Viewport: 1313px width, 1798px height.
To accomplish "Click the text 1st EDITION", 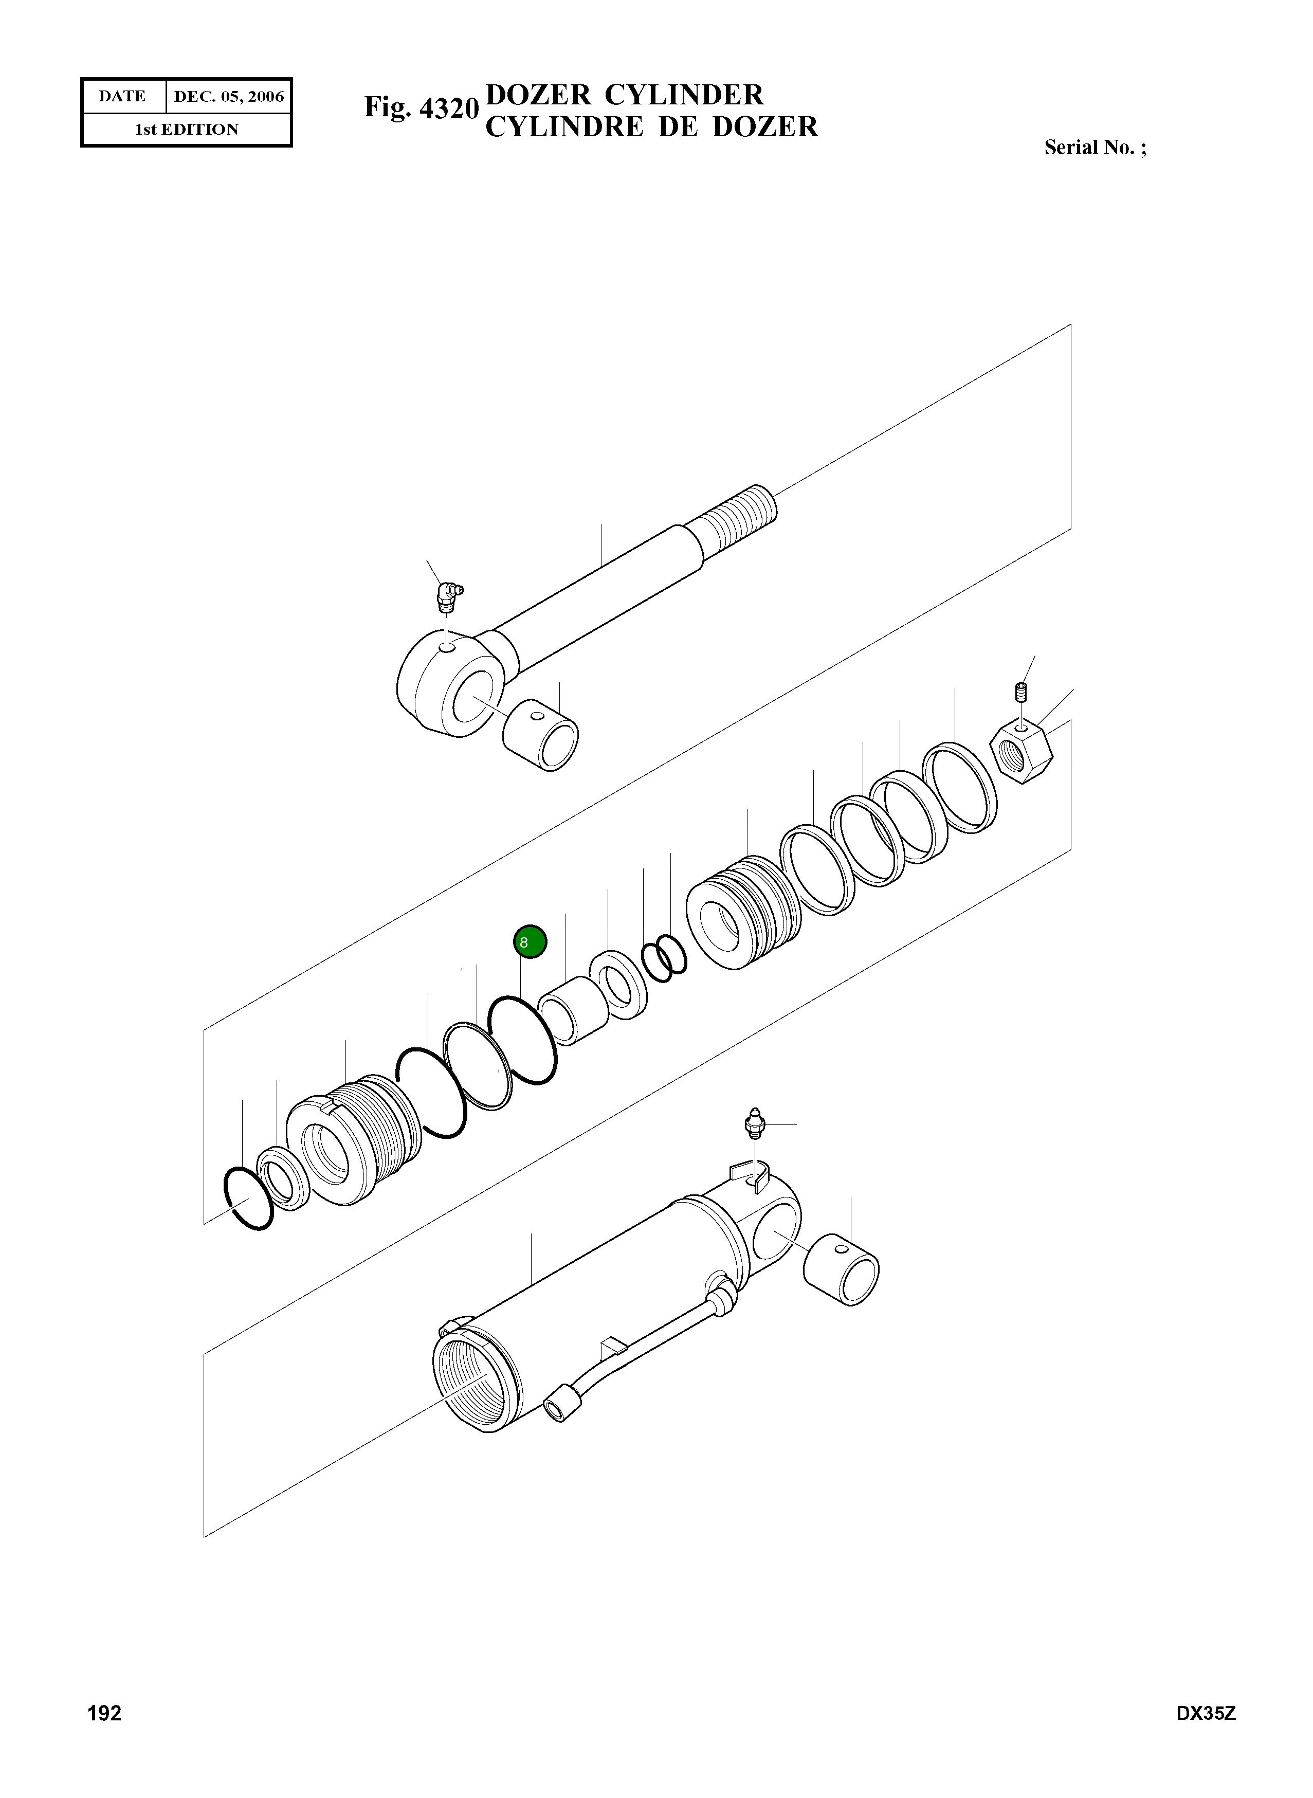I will [186, 130].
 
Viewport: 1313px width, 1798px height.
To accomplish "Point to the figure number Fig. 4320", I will [421, 107].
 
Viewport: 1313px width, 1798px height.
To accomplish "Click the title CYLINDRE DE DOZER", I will [651, 127].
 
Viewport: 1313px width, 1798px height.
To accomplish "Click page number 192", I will [104, 1735].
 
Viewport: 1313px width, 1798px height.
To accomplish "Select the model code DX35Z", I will [1206, 1735].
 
